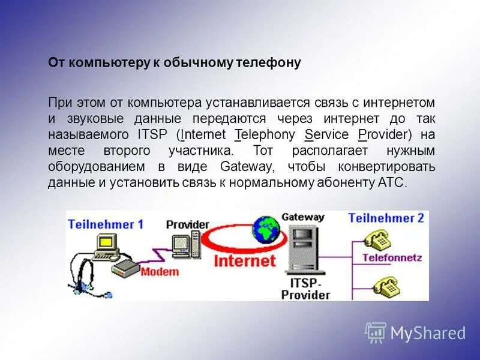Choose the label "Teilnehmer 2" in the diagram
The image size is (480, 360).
[x=386, y=218]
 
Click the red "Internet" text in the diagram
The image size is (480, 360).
[x=245, y=260]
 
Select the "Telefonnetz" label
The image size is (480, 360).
[x=392, y=258]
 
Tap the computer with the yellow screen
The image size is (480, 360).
[x=106, y=244]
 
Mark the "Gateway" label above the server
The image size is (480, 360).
[x=302, y=217]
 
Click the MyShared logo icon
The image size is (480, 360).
[x=376, y=332]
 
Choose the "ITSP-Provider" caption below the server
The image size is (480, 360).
[x=305, y=289]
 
